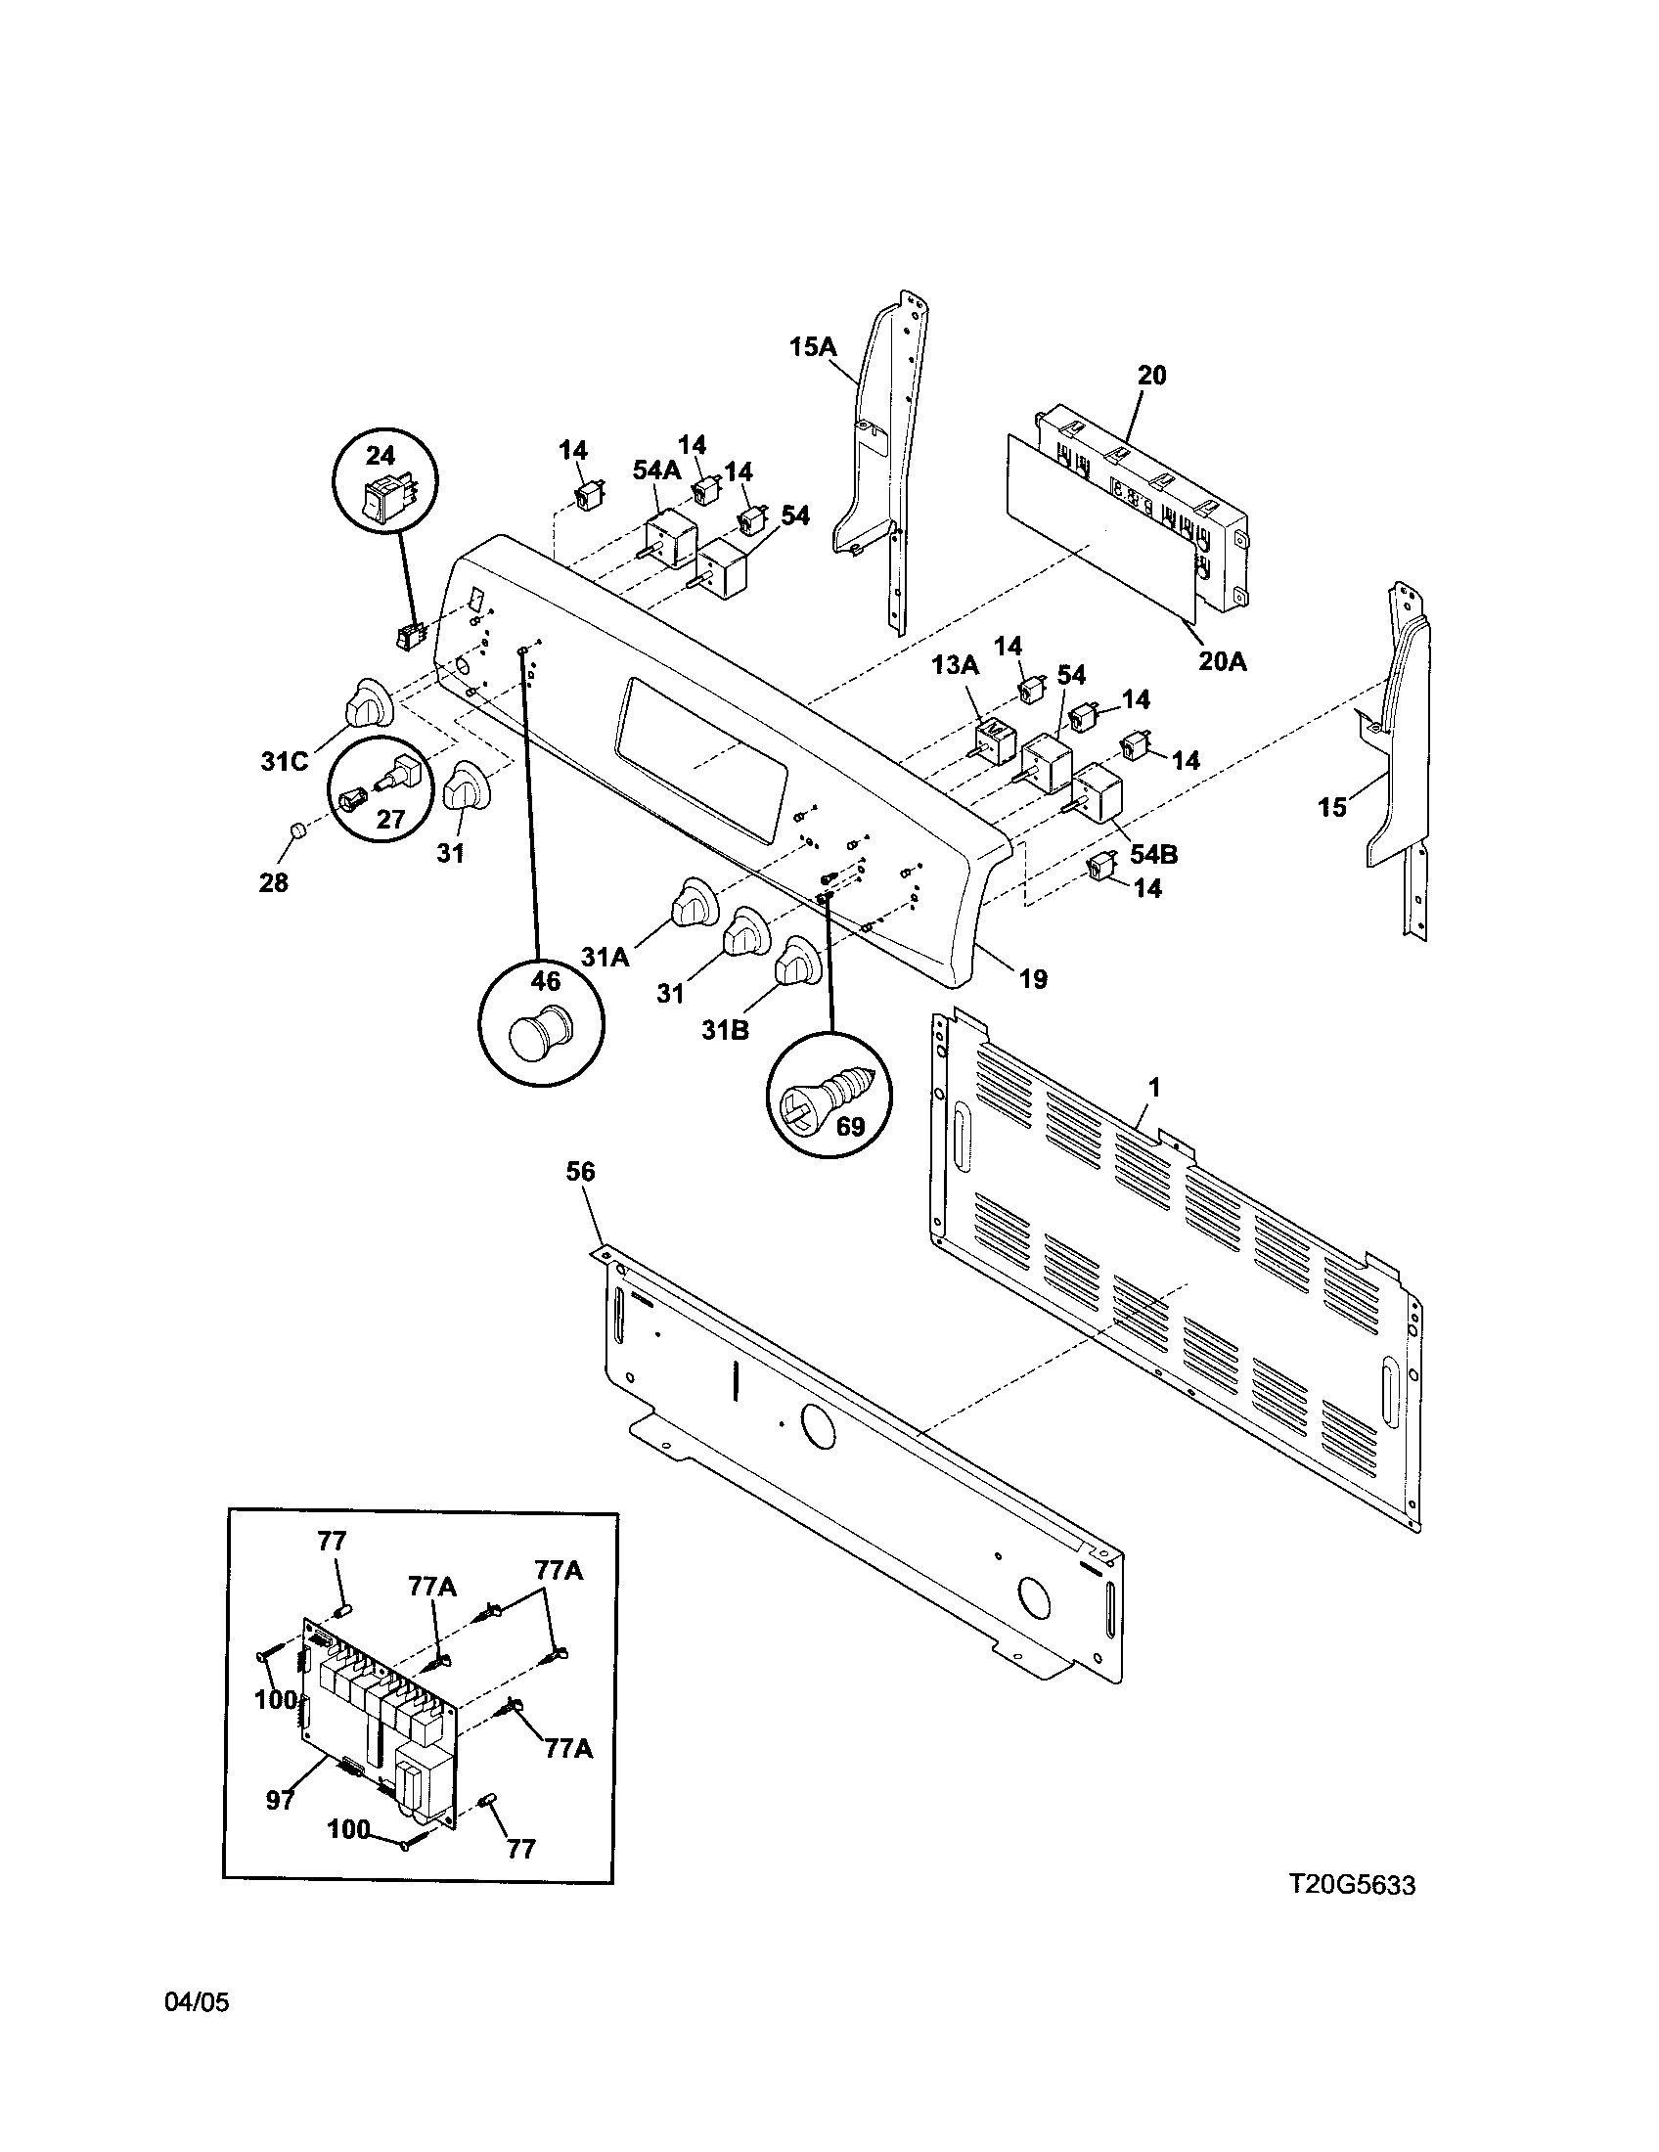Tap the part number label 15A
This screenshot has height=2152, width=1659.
click(x=812, y=347)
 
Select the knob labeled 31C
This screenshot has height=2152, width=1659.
click(x=369, y=702)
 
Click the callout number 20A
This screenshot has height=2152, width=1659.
click(x=1222, y=662)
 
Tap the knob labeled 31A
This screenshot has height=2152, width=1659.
click(x=693, y=902)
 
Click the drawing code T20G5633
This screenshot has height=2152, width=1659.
click(x=1353, y=1885)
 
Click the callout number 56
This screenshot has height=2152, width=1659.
click(x=580, y=1172)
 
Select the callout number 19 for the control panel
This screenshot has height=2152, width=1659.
click(x=1032, y=978)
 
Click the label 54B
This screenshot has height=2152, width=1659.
click(x=1152, y=853)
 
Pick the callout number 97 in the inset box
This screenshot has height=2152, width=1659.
click(x=280, y=1800)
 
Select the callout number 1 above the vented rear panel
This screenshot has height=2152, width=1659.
click(x=1153, y=1088)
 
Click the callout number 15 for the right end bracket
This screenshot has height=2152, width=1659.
click(x=1332, y=808)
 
